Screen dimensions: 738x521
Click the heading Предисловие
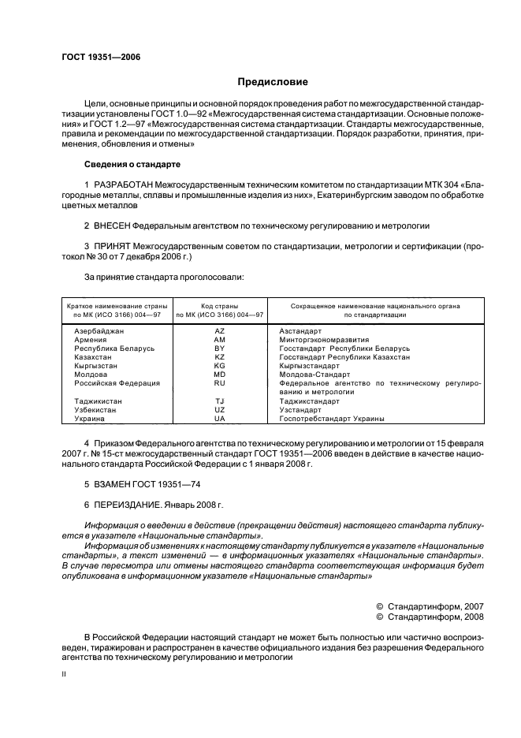click(x=274, y=82)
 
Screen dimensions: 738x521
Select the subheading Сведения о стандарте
click(x=132, y=165)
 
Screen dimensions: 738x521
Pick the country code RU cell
click(x=220, y=383)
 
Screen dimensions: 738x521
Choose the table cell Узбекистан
click(x=97, y=410)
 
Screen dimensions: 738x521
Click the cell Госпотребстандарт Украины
click(x=332, y=419)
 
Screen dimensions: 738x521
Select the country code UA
click(x=220, y=419)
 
